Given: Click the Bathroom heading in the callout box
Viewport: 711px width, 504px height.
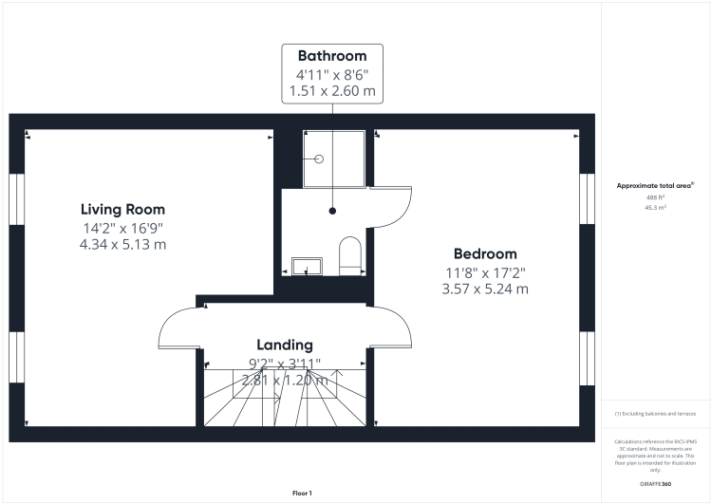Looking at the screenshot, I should pos(331,56).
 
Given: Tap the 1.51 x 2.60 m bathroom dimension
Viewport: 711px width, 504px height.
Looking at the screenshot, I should pos(331,92).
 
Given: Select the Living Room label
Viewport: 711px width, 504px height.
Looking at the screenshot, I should pos(122,210).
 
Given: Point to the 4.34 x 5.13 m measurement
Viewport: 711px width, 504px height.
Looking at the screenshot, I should pos(122,244).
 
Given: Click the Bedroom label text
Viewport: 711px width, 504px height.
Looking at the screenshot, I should pos(484,253).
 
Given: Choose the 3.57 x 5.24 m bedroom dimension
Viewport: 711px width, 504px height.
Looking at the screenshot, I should pos(484,289).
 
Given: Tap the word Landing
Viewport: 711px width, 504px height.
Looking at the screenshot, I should pos(284,345).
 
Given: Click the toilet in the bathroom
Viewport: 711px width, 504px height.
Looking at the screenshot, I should pos(349,255).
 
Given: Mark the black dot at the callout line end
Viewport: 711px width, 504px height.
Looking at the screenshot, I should pos(332,211).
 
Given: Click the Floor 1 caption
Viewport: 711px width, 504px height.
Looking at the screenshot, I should pos(303,493).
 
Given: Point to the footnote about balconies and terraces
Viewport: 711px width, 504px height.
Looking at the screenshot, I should pos(656,414).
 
